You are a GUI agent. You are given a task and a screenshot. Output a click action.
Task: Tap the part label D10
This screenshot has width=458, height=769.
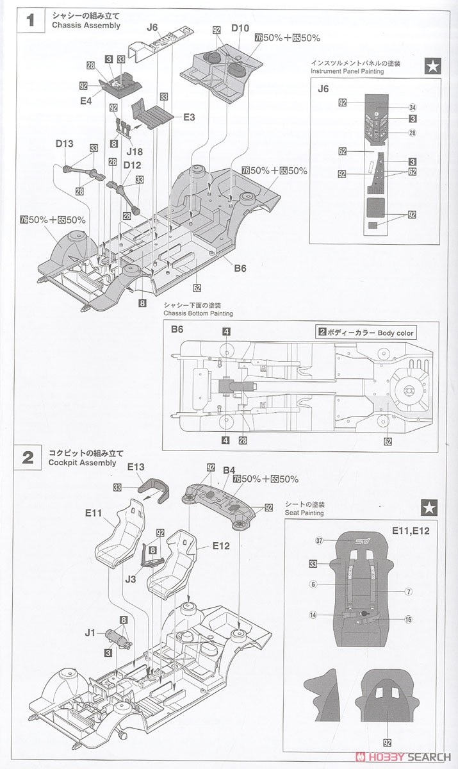click(240, 28)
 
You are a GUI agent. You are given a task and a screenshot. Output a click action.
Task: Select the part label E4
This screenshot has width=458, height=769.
click(86, 101)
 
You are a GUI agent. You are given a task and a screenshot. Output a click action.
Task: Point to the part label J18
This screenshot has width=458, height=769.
click(134, 151)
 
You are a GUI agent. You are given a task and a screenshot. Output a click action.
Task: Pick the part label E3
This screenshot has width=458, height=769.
click(188, 117)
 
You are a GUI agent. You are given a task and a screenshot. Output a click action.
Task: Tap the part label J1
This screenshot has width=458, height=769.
click(90, 633)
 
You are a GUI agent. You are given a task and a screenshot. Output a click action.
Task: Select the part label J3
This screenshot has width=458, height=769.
click(131, 579)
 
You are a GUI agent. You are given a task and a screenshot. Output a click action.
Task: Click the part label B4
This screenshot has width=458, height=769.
click(229, 470)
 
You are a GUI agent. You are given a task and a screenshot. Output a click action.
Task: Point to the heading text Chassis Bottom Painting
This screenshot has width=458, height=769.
click(199, 313)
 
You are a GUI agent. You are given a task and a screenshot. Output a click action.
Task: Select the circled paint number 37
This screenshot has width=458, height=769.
click(318, 540)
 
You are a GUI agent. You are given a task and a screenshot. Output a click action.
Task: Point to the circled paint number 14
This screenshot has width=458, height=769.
click(313, 615)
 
